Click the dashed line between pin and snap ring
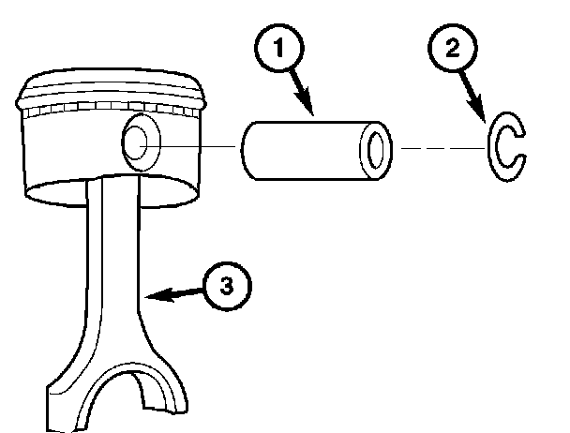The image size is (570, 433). [441, 148]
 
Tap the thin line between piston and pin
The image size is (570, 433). [202, 147]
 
